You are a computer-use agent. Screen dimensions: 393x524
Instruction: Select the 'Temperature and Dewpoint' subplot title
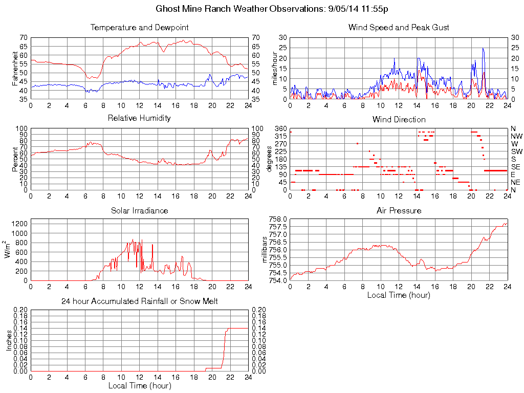pyautogui.click(x=139, y=28)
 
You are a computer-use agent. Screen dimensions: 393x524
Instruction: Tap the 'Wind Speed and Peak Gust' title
pyautogui.click(x=399, y=28)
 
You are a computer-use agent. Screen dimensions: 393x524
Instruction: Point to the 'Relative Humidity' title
pyautogui.click(x=139, y=118)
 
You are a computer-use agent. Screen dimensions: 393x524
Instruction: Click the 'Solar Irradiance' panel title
pyautogui.click(x=139, y=210)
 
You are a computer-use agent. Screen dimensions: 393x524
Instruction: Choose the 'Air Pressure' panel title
pyautogui.click(x=399, y=210)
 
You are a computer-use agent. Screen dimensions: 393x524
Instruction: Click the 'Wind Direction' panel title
pyautogui.click(x=399, y=119)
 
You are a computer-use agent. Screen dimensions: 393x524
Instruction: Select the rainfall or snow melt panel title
pyautogui.click(x=139, y=301)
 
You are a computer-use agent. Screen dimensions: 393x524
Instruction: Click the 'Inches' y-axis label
pyautogui.click(x=9, y=340)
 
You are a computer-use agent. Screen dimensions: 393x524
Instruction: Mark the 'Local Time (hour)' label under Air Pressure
pyautogui.click(x=399, y=295)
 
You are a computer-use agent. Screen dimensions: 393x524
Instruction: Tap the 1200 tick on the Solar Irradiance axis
pyautogui.click(x=19, y=223)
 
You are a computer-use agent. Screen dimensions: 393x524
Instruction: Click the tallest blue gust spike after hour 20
pyautogui.click(x=483, y=49)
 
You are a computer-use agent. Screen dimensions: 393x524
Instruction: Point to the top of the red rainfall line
pyautogui.click(x=228, y=329)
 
